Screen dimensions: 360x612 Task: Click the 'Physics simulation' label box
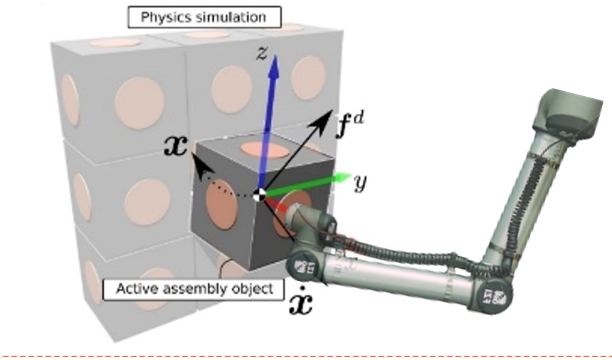(204, 16)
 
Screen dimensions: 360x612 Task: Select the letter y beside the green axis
(360, 184)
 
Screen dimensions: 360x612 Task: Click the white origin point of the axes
(260, 194)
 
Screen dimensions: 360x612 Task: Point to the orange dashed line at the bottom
(306, 352)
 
